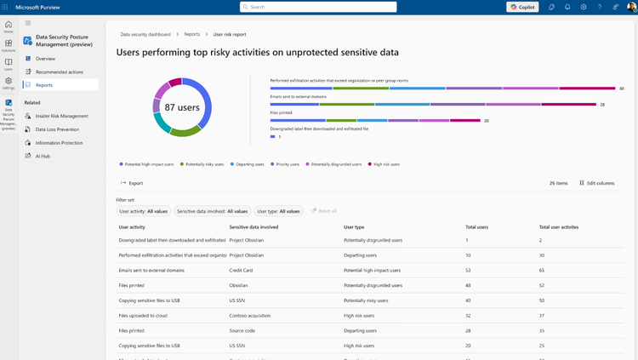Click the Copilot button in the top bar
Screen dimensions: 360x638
pos(522,7)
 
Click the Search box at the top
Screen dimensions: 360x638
pos(318,7)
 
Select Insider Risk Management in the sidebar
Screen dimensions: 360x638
pos(61,116)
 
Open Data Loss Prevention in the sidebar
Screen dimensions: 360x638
pos(57,129)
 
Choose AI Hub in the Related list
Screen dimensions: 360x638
pos(43,157)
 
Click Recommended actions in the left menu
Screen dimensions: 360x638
pos(59,72)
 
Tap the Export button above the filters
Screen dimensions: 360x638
pos(132,183)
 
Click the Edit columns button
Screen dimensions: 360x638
pos(596,183)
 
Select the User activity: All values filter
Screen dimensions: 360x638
pos(143,211)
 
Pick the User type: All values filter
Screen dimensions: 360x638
pos(278,211)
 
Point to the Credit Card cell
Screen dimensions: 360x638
pos(242,270)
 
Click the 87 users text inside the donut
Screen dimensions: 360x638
pos(182,107)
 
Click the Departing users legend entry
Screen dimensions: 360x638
pos(248,164)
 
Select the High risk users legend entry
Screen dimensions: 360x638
pos(385,164)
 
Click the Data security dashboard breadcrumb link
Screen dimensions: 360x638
pos(145,35)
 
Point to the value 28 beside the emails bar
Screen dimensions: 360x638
pos(602,105)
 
